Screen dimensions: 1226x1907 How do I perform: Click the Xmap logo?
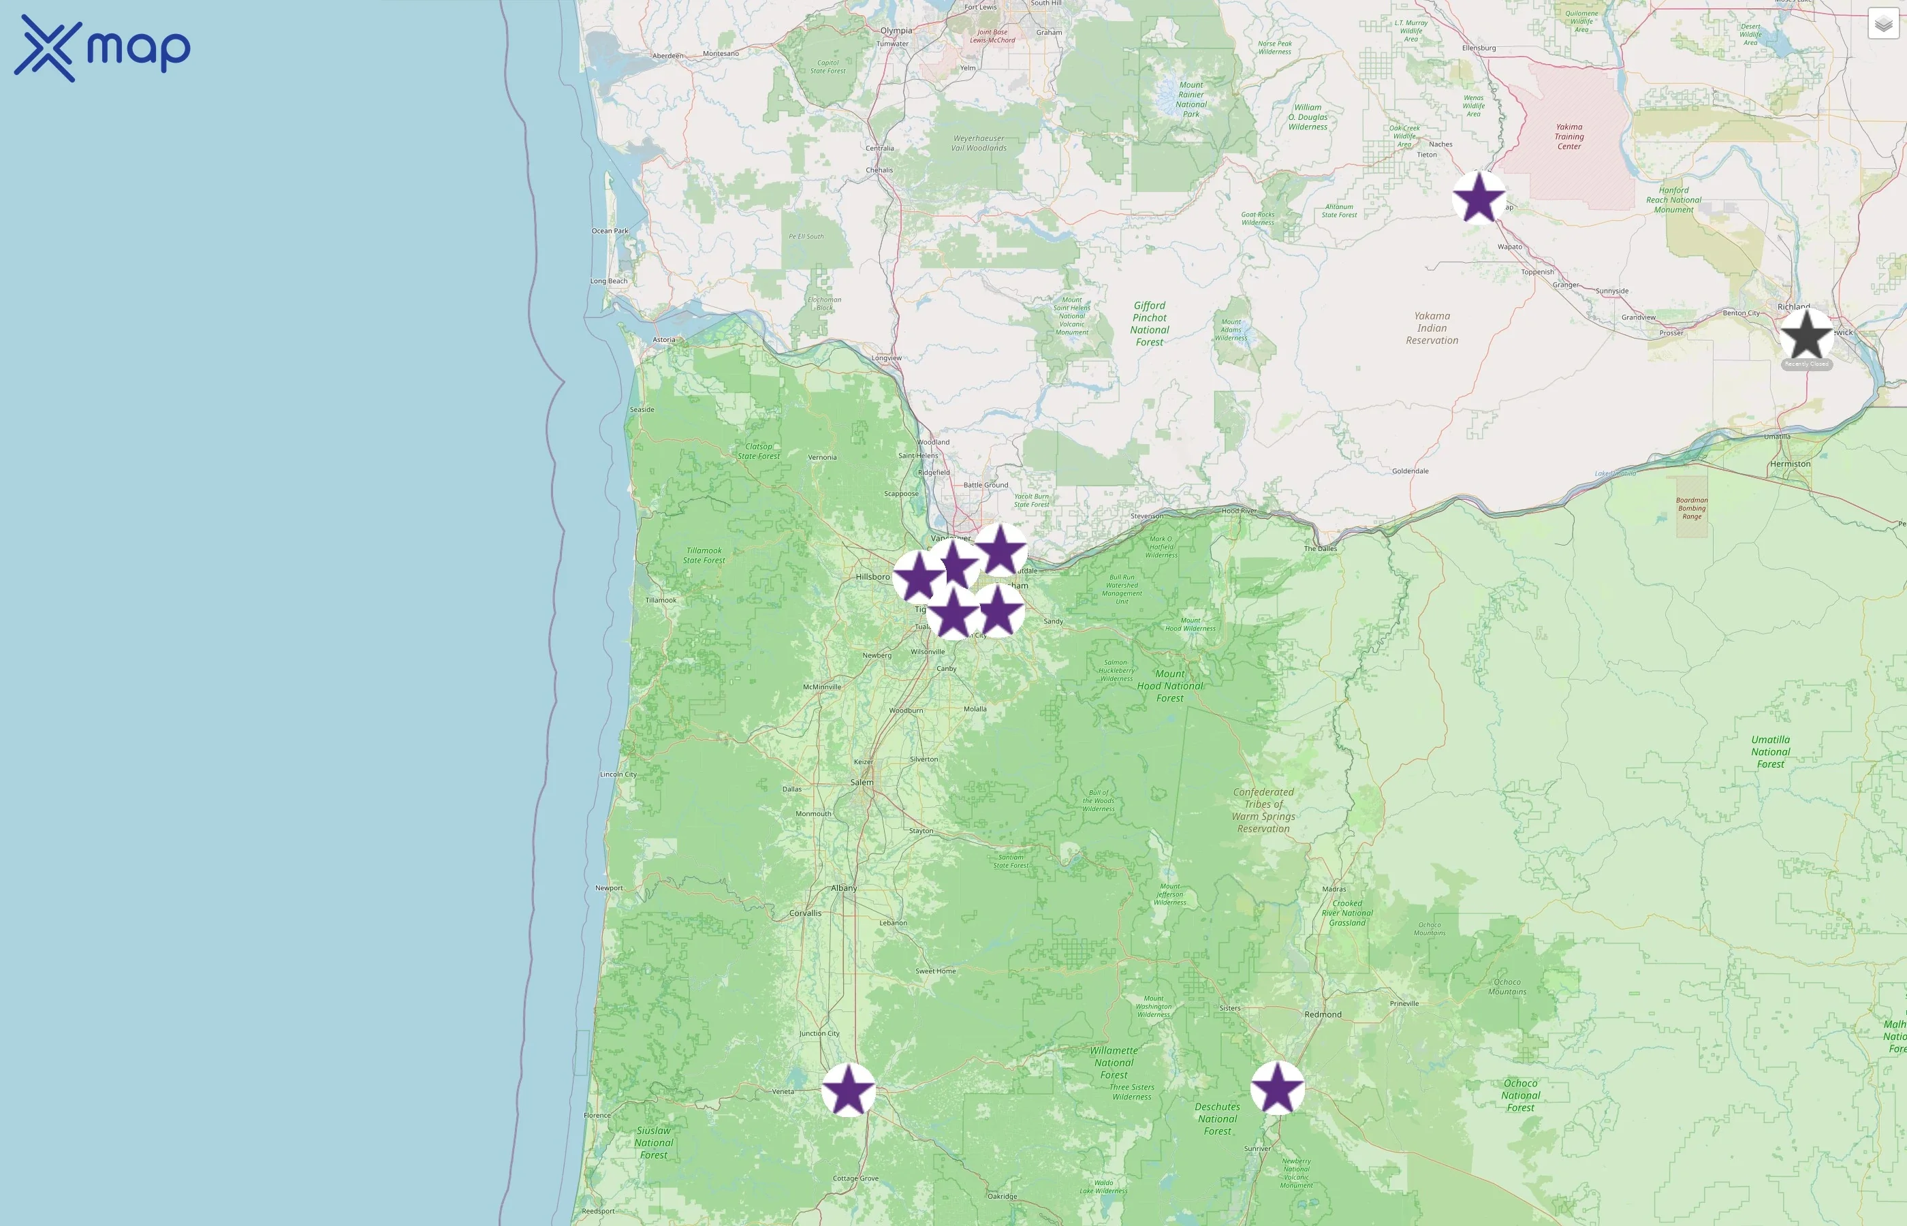[102, 48]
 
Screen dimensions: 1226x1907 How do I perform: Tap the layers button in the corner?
[1882, 25]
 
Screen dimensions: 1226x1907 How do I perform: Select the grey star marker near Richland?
[1806, 335]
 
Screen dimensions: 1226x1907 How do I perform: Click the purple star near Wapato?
[1479, 198]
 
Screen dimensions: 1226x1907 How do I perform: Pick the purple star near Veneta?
[848, 1089]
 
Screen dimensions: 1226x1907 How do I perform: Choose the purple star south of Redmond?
[1278, 1088]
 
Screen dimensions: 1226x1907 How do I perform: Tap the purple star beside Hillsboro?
[919, 576]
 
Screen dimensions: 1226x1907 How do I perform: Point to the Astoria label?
[664, 339]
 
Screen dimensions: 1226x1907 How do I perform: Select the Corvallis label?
[804, 913]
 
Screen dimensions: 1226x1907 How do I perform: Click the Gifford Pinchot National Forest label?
[1149, 324]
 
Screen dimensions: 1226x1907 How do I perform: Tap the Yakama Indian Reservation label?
[1432, 328]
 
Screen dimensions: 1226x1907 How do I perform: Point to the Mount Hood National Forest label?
[1170, 685]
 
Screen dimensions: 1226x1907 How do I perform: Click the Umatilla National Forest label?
[1770, 751]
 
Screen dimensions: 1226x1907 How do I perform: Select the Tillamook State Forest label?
[704, 555]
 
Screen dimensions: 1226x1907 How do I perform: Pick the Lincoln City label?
[618, 774]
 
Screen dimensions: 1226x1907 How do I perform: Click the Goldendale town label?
[1410, 471]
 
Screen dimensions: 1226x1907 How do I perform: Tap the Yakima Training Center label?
[1569, 136]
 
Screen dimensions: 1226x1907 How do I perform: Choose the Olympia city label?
[896, 30]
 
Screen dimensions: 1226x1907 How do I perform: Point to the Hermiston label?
[1790, 464]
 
